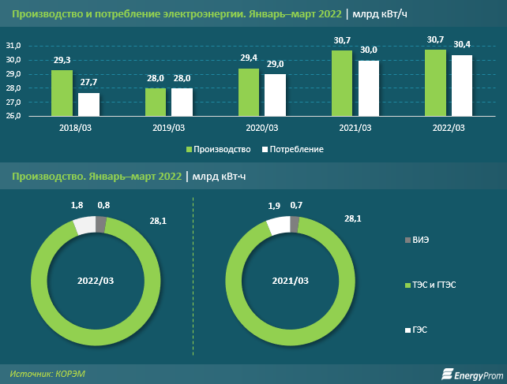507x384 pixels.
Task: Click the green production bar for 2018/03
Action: point(62,93)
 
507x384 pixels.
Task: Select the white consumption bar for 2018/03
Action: point(88,104)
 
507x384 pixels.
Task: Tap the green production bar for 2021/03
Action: point(342,84)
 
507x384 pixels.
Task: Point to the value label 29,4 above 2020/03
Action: point(249,58)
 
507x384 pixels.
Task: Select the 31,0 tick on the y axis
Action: point(36,47)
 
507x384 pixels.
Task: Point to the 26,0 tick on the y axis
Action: point(36,117)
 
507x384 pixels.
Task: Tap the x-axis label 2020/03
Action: point(262,128)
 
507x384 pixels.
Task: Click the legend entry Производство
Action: point(219,149)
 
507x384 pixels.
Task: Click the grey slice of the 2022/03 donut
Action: point(100,226)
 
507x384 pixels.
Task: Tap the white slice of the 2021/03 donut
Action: point(277,226)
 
